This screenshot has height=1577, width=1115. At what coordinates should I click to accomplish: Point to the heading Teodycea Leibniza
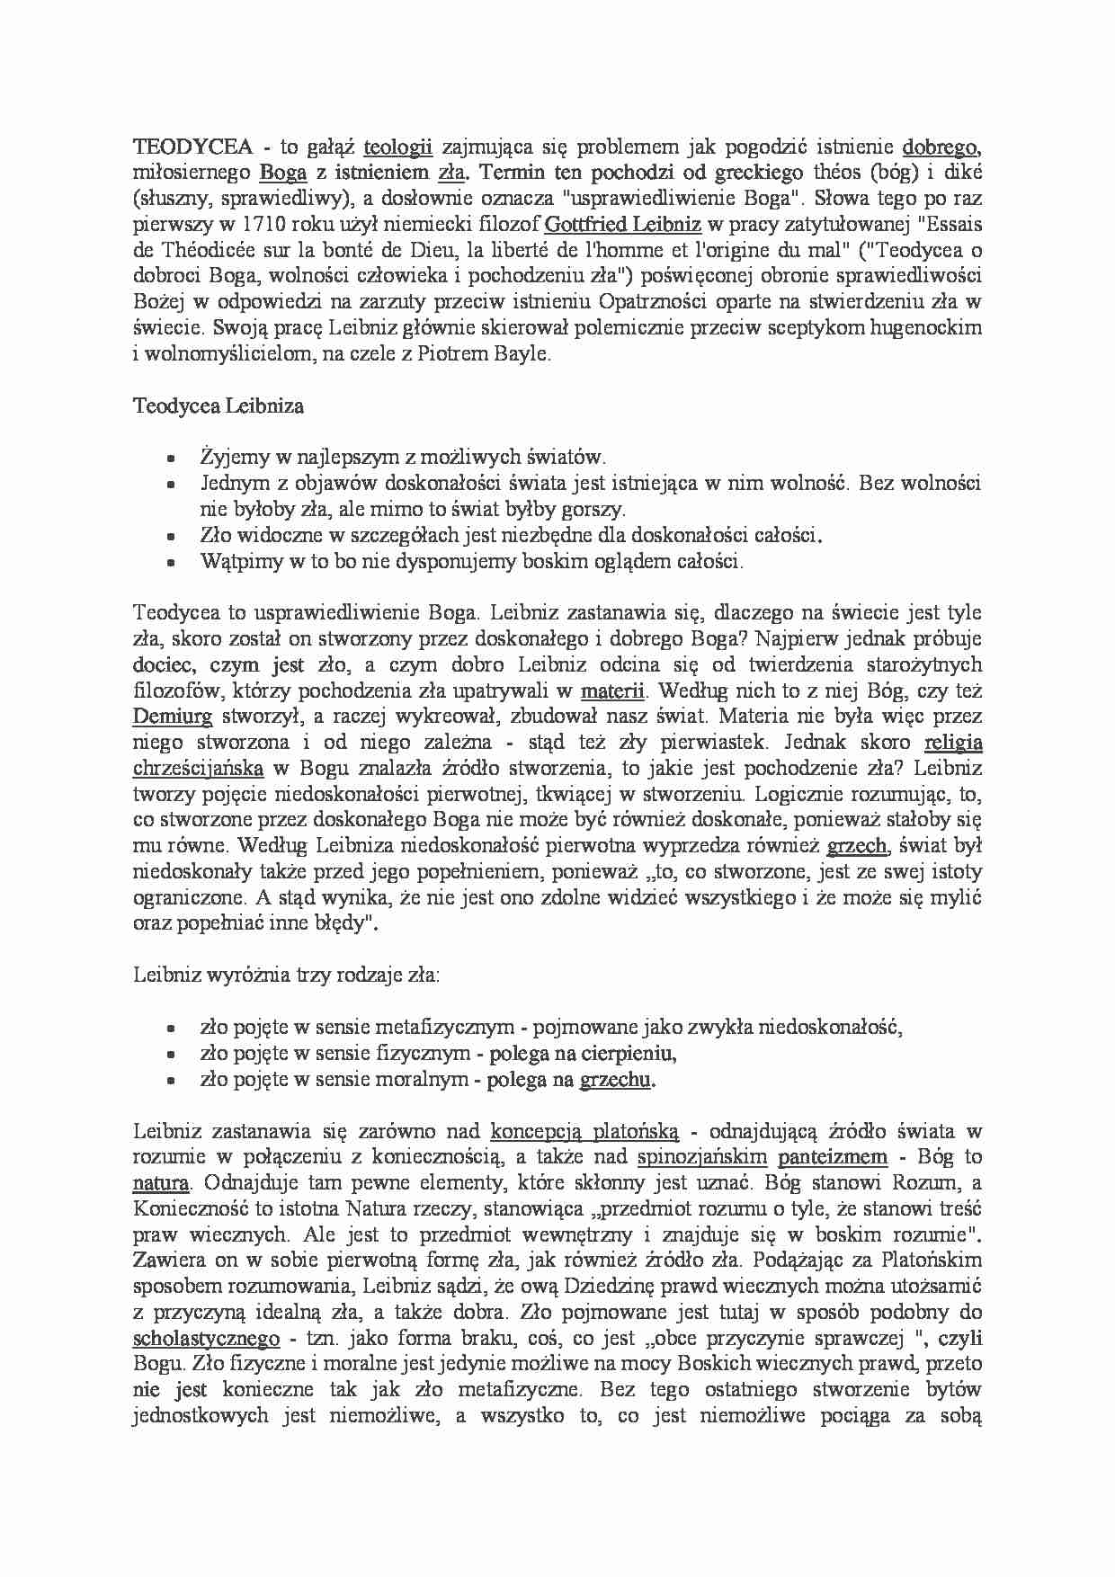coord(218,405)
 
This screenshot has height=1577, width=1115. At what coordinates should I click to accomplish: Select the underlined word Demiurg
coord(173,717)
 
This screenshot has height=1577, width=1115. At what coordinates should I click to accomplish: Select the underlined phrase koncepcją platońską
coord(584,1131)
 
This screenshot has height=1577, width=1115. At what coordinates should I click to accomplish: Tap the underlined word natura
coord(161,1182)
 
